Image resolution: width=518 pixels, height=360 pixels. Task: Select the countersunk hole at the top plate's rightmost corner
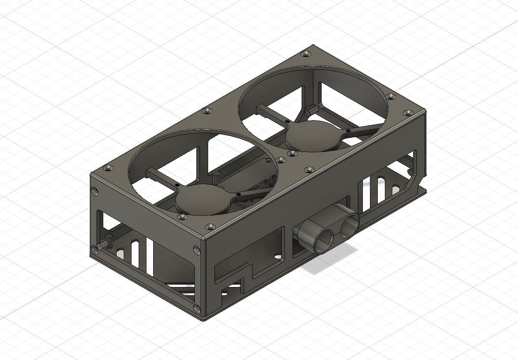pyautogui.click(x=408, y=113)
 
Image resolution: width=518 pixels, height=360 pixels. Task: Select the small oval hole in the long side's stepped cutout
pyautogui.click(x=278, y=257)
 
